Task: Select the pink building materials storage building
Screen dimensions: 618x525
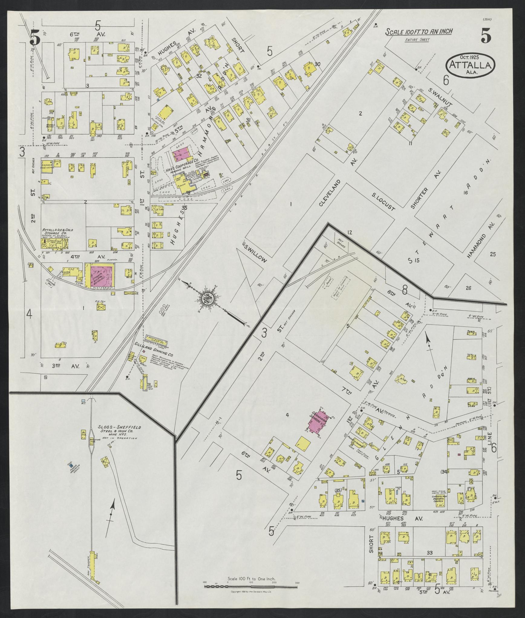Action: click(100, 275)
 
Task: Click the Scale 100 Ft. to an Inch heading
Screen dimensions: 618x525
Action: click(419, 32)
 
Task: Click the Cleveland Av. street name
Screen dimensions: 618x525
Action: click(330, 193)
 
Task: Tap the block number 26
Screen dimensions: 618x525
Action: click(468, 288)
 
